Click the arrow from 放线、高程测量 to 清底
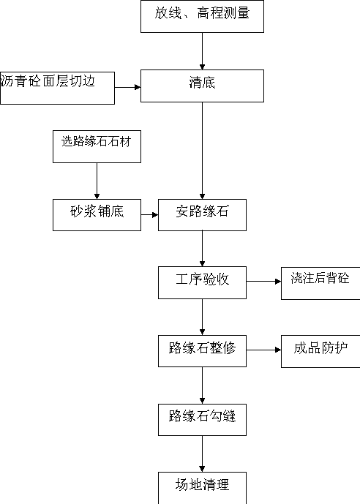click(202, 51)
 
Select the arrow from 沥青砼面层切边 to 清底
click(127, 87)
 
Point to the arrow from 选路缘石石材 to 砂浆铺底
click(97, 181)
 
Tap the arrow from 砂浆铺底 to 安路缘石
click(149, 215)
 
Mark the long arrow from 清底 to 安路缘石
click(202, 151)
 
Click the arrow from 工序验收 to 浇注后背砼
click(263, 282)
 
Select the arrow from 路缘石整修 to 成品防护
click(263, 350)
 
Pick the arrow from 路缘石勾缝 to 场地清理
click(202, 454)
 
